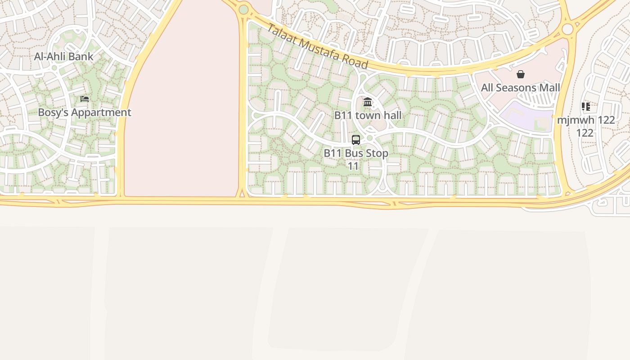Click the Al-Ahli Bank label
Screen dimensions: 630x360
tap(64, 57)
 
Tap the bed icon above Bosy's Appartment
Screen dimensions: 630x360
tap(85, 99)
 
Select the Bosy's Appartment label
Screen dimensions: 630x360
tap(85, 112)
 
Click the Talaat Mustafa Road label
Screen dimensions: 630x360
tap(317, 46)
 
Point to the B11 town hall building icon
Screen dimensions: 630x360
tap(368, 102)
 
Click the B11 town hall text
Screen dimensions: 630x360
tap(368, 116)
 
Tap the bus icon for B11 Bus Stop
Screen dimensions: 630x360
tap(356, 140)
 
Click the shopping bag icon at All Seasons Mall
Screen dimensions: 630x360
tap(521, 74)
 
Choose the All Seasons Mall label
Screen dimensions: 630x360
tap(521, 88)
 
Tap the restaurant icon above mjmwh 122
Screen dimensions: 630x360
tap(585, 107)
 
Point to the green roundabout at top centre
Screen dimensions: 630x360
tap(243, 9)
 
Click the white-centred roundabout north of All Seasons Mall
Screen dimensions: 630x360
tap(567, 29)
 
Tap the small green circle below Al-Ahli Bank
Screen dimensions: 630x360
tap(54, 68)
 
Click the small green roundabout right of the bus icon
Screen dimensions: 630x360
tap(370, 138)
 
